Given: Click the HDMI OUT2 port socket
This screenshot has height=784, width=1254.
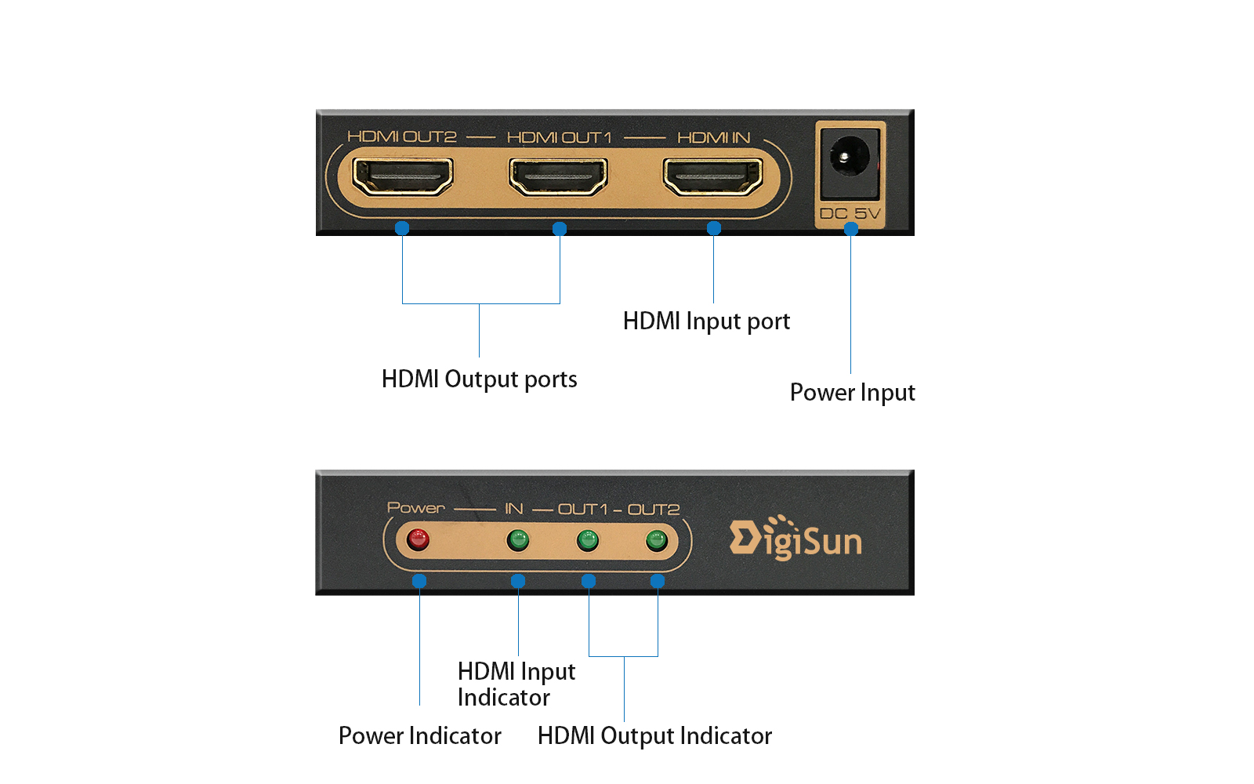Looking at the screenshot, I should tap(403, 176).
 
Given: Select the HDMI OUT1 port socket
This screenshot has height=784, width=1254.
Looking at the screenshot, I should tap(558, 176).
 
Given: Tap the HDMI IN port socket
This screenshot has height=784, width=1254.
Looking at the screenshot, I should tap(713, 176).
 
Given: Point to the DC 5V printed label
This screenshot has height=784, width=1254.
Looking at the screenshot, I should tap(850, 213).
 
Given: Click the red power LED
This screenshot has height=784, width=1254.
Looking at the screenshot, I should tap(419, 539).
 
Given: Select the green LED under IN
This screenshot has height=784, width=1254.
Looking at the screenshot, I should tap(517, 539).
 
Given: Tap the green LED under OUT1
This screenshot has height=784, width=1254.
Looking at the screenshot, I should tap(587, 539).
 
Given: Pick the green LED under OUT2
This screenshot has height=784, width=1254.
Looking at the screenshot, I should tap(656, 539).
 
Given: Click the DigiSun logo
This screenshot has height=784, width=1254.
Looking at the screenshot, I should tap(796, 539).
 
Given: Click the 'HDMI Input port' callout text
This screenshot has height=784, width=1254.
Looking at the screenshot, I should tap(706, 321).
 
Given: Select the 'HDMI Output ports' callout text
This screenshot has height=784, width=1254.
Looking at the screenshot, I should tap(479, 379).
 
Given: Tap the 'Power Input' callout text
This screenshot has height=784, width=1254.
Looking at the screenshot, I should tap(852, 392).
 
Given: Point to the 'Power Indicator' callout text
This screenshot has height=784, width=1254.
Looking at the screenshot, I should tap(419, 735).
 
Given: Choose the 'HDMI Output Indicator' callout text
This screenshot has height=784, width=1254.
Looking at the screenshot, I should tap(654, 735).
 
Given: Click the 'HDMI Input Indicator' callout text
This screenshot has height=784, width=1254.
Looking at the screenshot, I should tap(516, 684).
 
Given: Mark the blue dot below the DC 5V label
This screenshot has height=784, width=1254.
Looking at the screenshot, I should tap(851, 229).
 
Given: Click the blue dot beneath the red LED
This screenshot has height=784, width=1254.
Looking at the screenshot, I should tap(419, 581).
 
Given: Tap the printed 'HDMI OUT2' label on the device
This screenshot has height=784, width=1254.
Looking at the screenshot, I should tap(401, 136).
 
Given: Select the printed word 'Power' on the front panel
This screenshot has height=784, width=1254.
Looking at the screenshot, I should tap(415, 508).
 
